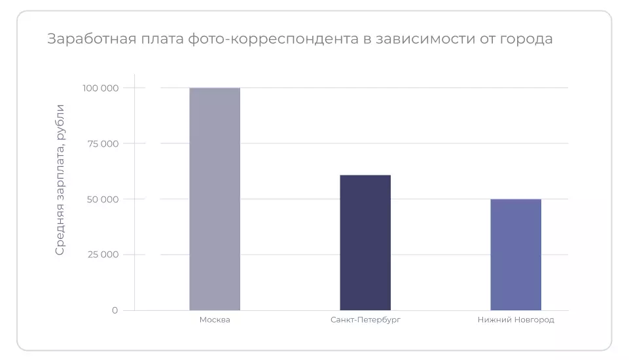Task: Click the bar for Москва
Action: [215, 199]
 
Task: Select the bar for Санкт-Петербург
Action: [365, 243]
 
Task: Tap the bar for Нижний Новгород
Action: [516, 255]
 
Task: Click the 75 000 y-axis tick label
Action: [103, 144]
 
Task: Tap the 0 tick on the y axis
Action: [115, 310]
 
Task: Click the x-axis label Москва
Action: [215, 320]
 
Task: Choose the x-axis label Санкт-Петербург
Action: [365, 320]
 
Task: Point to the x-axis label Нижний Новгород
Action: [516, 320]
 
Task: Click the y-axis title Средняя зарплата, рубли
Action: [60, 179]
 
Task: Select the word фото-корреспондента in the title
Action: [273, 39]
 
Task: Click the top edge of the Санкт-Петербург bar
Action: [365, 175]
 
